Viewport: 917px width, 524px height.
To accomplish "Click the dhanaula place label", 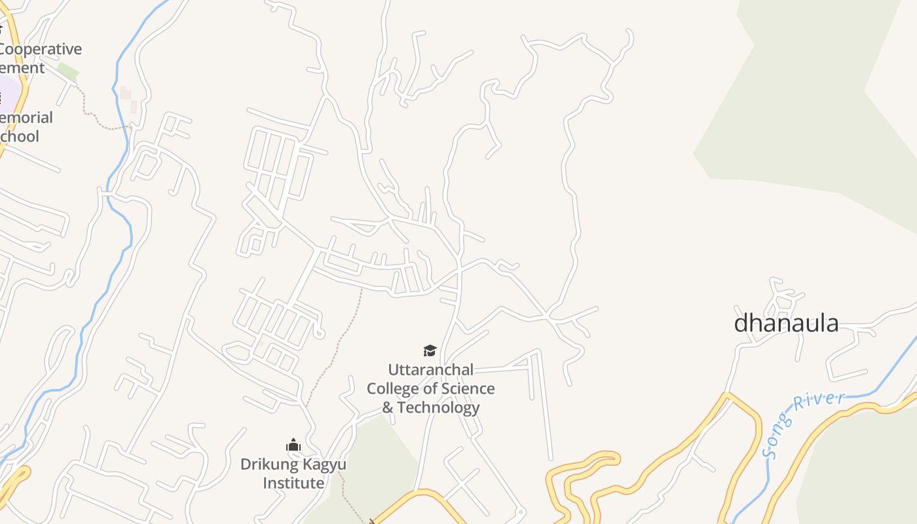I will [x=786, y=323].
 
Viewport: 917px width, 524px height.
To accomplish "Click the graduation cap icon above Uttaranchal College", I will [x=430, y=350].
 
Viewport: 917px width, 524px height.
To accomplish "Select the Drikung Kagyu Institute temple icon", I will [x=293, y=445].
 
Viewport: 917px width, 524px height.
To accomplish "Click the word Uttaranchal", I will [x=430, y=369].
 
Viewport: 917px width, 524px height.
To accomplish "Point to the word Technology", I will [x=439, y=407].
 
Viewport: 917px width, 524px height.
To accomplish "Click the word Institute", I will [x=293, y=483].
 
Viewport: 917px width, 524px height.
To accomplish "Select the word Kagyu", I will [x=321, y=464].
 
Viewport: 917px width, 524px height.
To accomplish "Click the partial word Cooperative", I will [x=41, y=49].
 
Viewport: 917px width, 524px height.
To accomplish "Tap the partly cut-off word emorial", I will [x=26, y=118].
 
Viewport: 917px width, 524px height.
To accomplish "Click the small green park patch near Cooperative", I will [x=67, y=71].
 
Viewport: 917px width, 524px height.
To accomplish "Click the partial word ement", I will [x=23, y=68].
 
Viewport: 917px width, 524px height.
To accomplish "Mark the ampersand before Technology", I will [x=388, y=407].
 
